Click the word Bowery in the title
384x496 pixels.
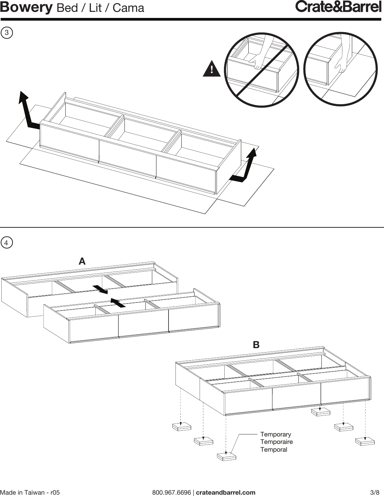click(x=26, y=7)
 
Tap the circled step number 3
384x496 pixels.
click(x=7, y=33)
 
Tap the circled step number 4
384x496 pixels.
click(x=7, y=243)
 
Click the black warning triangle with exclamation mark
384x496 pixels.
click(x=211, y=69)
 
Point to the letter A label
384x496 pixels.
click(x=82, y=262)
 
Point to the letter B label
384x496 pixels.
click(x=256, y=345)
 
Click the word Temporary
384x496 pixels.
click(x=275, y=434)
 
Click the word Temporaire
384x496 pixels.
click(x=276, y=442)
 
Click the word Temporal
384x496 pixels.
click(x=274, y=450)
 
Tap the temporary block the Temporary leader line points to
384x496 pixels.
click(x=226, y=456)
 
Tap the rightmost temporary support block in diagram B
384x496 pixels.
click(x=365, y=441)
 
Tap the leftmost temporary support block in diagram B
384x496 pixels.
click(x=182, y=427)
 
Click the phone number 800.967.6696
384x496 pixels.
click(x=172, y=492)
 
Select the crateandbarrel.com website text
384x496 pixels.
click(x=226, y=492)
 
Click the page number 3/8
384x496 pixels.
click(x=375, y=492)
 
